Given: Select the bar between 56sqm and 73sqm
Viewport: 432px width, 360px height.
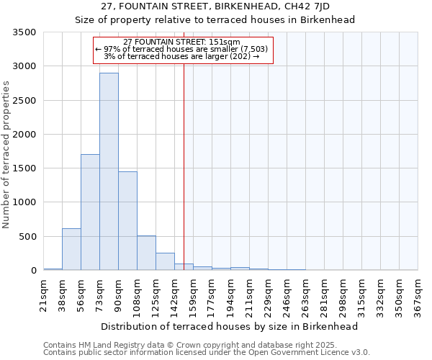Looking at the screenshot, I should tap(90, 212).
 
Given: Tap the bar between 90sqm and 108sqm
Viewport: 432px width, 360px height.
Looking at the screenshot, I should tap(127, 221).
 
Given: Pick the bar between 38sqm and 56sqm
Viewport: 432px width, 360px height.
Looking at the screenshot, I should tap(71, 249).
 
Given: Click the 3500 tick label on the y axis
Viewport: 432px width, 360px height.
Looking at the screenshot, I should tap(24, 32).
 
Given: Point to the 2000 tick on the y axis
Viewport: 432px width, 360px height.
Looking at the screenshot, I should tap(24, 135).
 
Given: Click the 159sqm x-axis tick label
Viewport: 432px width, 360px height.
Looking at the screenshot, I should tap(193, 294).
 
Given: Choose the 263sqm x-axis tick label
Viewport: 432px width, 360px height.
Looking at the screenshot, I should tap(305, 294).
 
